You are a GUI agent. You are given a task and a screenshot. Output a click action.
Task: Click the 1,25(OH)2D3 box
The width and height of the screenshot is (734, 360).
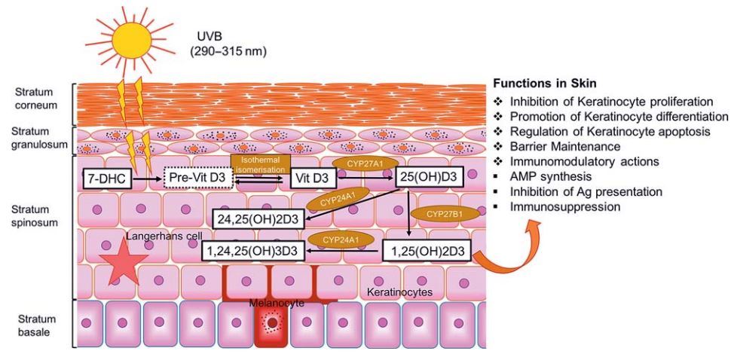(426, 251)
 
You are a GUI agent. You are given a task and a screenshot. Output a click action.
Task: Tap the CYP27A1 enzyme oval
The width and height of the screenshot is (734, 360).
(361, 162)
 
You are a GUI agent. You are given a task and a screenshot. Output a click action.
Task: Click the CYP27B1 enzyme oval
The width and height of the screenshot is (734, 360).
(443, 214)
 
